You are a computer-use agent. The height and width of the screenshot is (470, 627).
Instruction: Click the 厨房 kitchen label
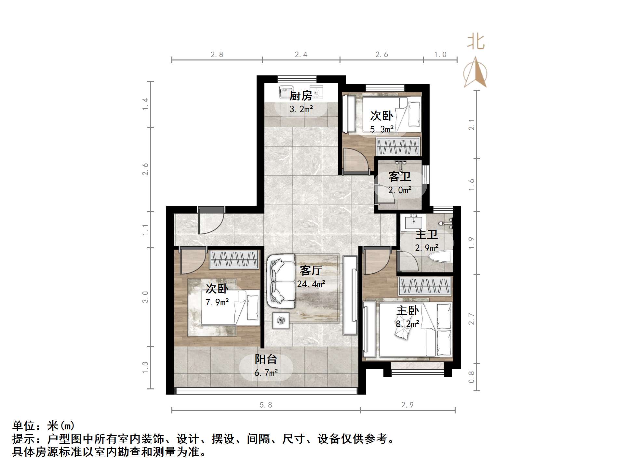(301, 96)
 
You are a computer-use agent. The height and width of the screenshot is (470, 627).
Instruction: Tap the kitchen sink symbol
(286, 92)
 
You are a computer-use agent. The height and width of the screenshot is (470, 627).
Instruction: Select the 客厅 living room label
(311, 270)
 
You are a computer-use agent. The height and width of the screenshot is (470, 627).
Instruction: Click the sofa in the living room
(281, 281)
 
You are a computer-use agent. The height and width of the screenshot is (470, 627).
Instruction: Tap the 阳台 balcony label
(266, 359)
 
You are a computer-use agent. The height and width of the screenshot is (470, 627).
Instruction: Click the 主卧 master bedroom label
(407, 311)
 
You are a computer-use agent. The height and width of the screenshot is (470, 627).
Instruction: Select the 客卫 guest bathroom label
(400, 177)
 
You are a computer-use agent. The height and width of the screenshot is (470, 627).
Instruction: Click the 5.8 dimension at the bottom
(266, 405)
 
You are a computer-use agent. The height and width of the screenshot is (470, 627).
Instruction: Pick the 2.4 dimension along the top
(301, 55)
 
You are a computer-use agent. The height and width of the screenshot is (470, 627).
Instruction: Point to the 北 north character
(476, 42)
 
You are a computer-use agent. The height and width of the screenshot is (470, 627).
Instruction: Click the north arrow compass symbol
(475, 73)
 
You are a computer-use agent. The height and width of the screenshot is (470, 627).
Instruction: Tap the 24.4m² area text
(311, 284)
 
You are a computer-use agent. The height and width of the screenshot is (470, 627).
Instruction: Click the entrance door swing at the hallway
(210, 221)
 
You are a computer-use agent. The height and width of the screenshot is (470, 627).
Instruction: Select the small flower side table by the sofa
(281, 320)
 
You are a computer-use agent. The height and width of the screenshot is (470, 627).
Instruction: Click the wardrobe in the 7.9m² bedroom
(234, 259)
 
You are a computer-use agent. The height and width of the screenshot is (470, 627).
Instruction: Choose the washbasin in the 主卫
(413, 222)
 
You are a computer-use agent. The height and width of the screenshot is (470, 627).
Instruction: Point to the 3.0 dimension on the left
(145, 297)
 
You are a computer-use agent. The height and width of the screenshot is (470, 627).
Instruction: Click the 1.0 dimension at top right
(440, 55)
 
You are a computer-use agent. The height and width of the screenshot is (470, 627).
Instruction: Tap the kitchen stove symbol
(316, 92)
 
